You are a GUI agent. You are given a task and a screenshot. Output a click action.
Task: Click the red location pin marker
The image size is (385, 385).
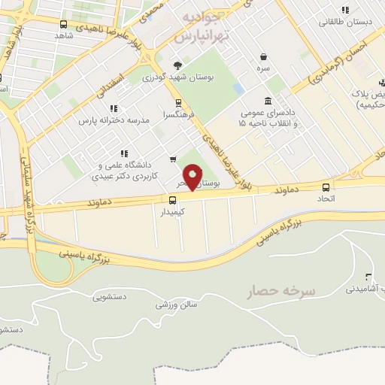[193, 177]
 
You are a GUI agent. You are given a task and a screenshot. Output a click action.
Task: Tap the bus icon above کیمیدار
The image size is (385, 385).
[173, 200]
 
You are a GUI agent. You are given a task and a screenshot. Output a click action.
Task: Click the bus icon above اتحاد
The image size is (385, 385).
[326, 187]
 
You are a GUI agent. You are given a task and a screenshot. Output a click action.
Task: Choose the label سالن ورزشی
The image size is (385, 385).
[176, 305]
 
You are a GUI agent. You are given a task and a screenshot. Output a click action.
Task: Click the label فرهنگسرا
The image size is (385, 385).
[177, 116]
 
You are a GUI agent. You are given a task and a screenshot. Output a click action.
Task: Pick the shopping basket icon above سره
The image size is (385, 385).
[264, 56]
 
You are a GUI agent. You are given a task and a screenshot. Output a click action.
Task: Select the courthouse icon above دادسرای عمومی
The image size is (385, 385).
[268, 101]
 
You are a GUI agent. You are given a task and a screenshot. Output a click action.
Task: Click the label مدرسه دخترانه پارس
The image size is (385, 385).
[109, 120]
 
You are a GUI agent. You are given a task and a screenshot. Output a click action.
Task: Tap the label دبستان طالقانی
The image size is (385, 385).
[344, 22]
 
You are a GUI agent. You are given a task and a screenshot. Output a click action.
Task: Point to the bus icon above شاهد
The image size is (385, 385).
[61, 24]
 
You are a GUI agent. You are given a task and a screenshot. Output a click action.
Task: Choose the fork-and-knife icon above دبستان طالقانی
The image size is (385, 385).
[345, 10]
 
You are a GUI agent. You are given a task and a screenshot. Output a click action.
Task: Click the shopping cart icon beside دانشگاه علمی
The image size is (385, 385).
[173, 159]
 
